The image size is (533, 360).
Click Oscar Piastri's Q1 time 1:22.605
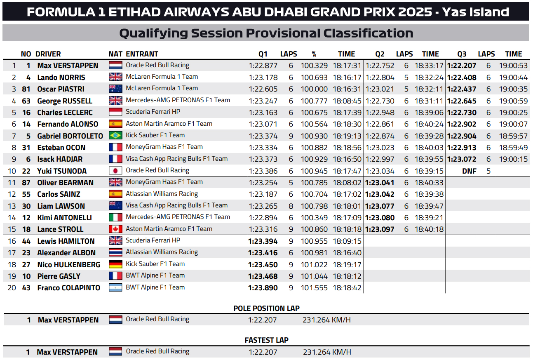click(x=263, y=89)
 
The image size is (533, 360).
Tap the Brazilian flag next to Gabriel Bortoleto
click(x=115, y=136)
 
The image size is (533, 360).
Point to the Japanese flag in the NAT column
click(x=115, y=171)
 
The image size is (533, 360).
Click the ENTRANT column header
click(x=142, y=54)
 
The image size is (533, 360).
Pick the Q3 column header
click(x=462, y=54)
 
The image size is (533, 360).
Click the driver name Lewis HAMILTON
click(x=66, y=241)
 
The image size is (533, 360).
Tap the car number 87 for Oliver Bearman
click(x=26, y=183)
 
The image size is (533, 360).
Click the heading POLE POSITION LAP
click(x=266, y=308)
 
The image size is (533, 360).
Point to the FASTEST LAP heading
click(x=266, y=340)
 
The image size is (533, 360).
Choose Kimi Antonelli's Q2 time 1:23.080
click(x=380, y=218)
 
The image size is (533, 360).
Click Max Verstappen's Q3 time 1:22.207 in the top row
click(x=462, y=66)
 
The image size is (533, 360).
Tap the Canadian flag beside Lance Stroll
click(x=115, y=229)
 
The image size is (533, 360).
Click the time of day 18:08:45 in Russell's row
click(x=347, y=101)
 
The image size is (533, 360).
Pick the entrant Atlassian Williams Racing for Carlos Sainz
click(x=162, y=194)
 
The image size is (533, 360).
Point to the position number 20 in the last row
click(x=12, y=288)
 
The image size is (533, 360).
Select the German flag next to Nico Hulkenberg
click(x=115, y=264)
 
